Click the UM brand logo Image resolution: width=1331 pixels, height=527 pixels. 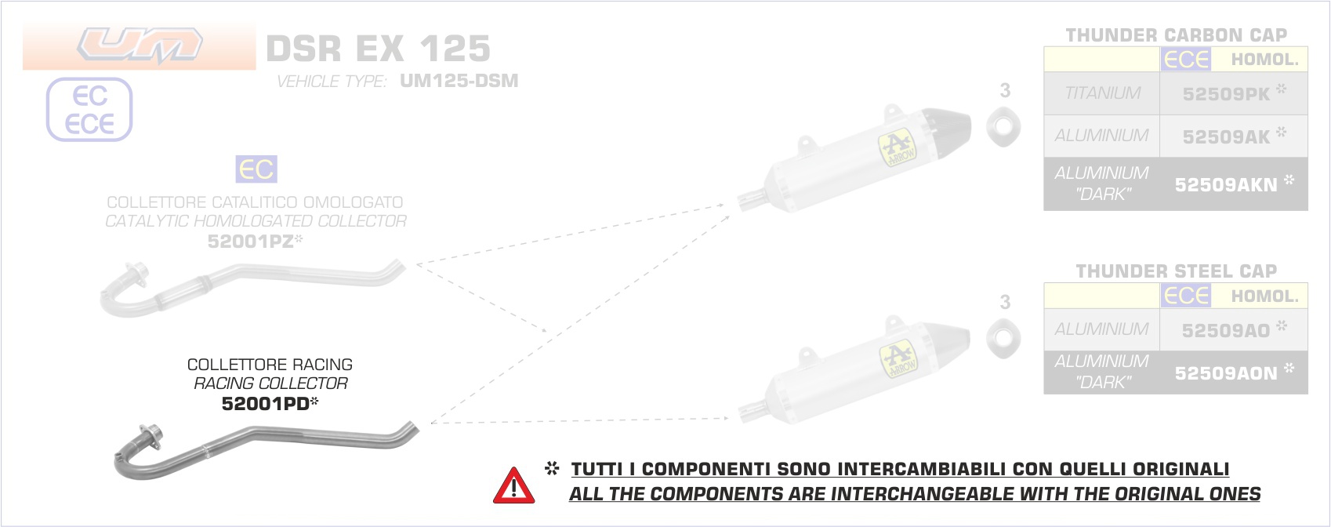point(140,45)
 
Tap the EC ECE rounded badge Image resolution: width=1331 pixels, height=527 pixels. point(89,109)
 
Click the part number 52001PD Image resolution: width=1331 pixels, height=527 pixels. point(266,404)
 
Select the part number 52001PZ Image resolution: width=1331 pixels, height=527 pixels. point(251,242)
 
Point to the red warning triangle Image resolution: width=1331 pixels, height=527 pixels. point(514,486)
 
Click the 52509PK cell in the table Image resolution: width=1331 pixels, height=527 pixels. point(1234,93)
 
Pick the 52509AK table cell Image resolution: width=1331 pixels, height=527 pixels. point(1234,136)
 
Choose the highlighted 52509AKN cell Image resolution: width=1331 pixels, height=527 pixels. point(1234,184)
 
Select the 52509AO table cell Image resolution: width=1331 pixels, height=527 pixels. point(1234,329)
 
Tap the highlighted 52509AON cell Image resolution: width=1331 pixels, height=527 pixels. point(1234,373)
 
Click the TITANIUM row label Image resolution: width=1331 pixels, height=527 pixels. point(1103,93)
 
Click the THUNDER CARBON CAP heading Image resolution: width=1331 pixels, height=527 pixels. point(1176,35)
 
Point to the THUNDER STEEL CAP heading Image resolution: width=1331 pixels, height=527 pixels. point(1176,271)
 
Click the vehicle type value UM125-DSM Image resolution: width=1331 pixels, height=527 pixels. point(459,81)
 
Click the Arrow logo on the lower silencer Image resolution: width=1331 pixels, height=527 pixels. point(898,359)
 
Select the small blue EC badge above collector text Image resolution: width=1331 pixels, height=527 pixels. point(256,169)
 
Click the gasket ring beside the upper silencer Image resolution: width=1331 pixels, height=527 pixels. point(1003,127)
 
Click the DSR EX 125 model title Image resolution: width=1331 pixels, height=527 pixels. point(378,48)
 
